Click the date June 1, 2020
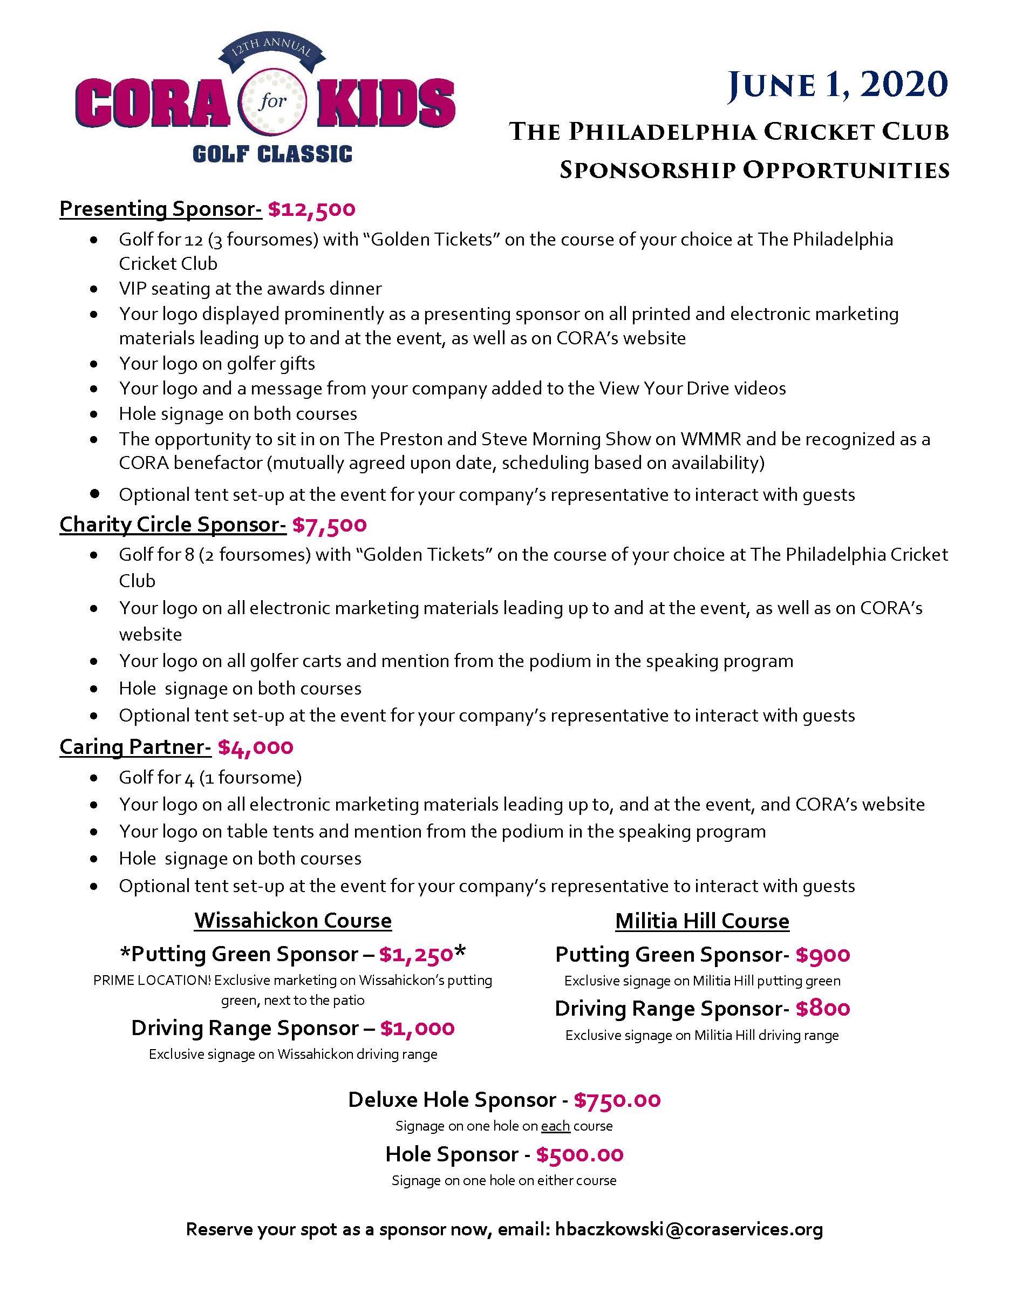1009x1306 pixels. point(837,84)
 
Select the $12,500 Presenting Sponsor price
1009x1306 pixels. point(311,209)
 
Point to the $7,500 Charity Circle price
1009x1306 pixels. point(329,525)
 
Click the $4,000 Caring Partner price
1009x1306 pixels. point(256,747)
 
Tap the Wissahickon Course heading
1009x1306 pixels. point(293,920)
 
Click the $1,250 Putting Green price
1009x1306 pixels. point(416,955)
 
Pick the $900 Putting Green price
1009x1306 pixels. point(822,955)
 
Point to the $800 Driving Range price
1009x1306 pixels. point(822,1009)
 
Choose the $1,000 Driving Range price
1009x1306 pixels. point(417,1029)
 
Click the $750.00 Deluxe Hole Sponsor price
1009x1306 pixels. point(617,1100)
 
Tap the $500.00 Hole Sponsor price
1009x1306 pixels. point(580,1154)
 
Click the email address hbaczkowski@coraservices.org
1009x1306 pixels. point(688,1229)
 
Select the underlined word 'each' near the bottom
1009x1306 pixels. point(555,1127)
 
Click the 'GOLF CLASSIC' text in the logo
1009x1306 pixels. point(272,154)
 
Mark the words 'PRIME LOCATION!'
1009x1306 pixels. point(152,981)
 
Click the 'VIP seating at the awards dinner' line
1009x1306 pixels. point(250,288)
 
